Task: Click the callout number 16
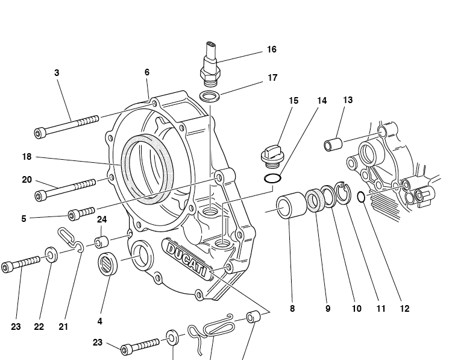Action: (272, 49)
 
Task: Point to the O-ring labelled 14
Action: (272, 178)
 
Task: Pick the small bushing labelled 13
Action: (333, 145)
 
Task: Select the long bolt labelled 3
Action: (67, 126)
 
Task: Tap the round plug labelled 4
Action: (107, 265)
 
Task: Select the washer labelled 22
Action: (52, 255)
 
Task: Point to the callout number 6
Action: (146, 72)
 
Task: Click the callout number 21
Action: (63, 326)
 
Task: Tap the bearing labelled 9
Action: (314, 200)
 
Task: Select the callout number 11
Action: (380, 308)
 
